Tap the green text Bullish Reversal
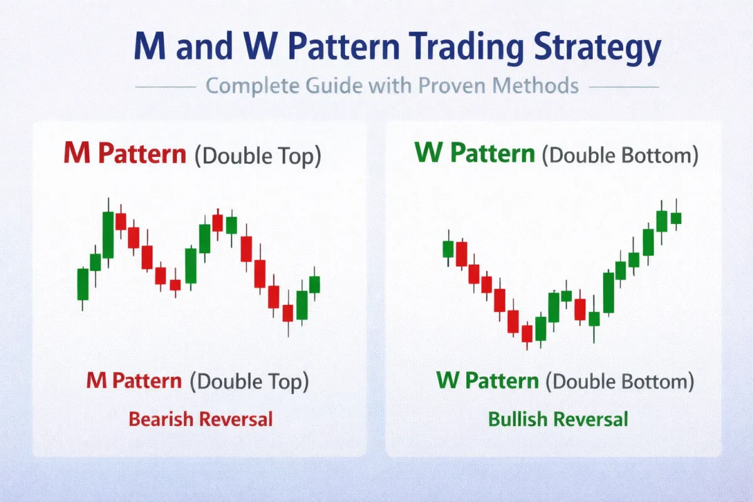coord(558,419)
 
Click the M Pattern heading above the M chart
coord(125,154)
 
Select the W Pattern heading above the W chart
coord(476,154)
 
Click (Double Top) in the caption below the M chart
coord(250,381)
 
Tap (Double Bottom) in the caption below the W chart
coord(620,381)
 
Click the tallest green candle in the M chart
coord(108,235)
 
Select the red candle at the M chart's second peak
coord(218,223)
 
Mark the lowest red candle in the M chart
coord(288,312)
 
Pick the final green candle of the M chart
coord(314,284)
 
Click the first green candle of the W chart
coord(447,249)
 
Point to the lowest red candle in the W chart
coord(527,334)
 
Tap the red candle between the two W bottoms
coord(580,309)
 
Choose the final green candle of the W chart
coord(676,218)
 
